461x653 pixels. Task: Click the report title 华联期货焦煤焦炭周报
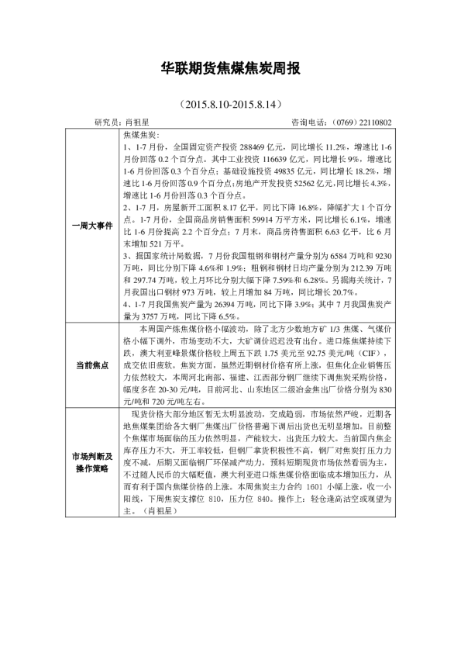(x=230, y=69)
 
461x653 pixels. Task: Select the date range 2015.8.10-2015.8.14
(x=229, y=103)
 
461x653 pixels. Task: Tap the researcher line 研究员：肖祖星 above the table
(x=122, y=122)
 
